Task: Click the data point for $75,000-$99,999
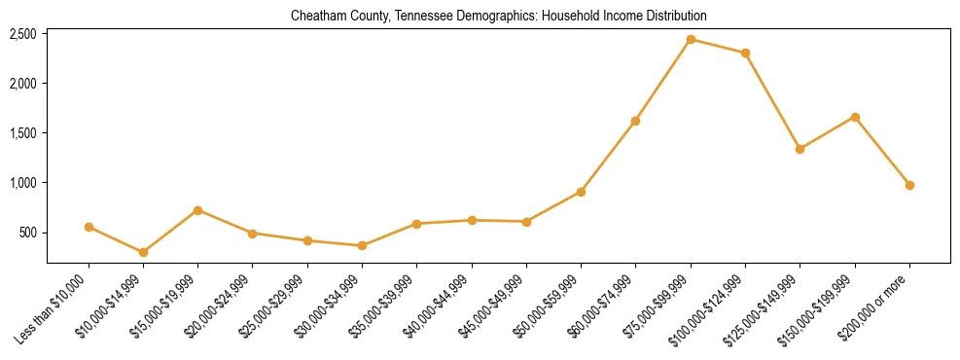[691, 40]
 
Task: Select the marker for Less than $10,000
[89, 227]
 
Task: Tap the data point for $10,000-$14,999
[143, 252]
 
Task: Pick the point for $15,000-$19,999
[197, 210]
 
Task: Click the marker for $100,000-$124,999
[745, 53]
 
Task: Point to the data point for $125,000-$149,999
[800, 149]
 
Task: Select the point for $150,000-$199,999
[855, 117]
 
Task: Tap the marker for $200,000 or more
[909, 185]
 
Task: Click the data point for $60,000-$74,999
[635, 121]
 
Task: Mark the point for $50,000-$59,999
[581, 192]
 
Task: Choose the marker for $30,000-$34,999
[362, 245]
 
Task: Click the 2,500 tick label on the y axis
[22, 34]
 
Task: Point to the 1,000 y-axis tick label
[22, 183]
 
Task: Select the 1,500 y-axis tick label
[22, 133]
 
